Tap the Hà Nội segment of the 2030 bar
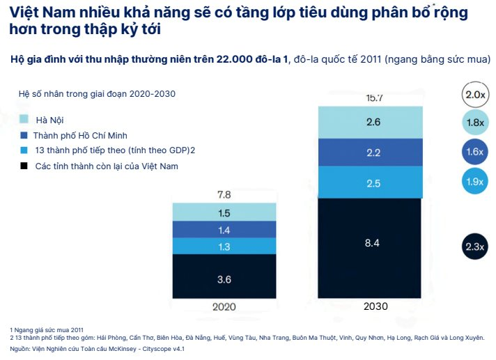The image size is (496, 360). [372, 122]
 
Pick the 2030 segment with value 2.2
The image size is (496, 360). [372, 152]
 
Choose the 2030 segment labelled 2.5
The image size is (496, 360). [372, 182]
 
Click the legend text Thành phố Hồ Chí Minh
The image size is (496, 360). [80, 135]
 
